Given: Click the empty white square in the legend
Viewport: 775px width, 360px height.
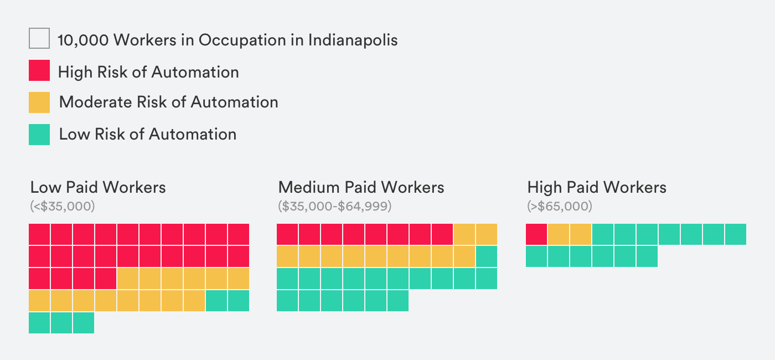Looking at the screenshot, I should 39,39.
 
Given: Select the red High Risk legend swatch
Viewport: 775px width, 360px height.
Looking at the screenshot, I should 39,71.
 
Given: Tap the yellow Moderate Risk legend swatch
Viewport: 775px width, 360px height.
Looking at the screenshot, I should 39,102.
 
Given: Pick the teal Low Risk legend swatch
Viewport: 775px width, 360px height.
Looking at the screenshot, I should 39,134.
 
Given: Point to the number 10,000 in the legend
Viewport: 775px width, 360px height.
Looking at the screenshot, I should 82,40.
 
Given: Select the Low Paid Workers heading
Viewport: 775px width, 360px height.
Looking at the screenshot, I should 98,187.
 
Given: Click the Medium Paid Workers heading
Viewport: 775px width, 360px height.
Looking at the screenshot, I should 361,187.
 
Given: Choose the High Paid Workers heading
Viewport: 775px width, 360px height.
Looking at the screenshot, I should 597,187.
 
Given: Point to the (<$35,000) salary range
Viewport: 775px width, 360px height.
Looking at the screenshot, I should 63,207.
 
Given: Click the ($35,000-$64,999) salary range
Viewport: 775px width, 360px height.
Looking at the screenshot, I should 334,207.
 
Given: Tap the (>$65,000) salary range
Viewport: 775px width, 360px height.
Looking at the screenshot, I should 560,207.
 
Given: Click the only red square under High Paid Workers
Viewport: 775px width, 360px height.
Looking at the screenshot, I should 536,234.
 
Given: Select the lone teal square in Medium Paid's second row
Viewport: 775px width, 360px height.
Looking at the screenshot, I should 487,256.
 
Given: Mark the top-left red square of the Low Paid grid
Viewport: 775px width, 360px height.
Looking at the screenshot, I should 39,234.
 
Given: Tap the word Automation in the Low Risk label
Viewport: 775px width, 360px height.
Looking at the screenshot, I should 193,134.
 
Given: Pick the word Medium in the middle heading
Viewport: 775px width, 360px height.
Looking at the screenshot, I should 309,187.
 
